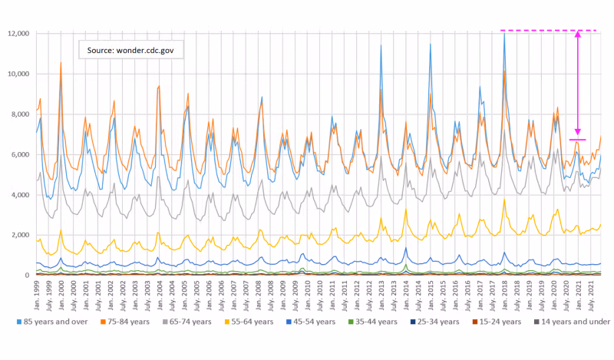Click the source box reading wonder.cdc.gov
(x=135, y=50)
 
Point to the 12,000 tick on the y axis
(x=18, y=34)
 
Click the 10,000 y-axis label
(x=18, y=74)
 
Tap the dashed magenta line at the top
(x=537, y=31)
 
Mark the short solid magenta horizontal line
(x=577, y=140)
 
